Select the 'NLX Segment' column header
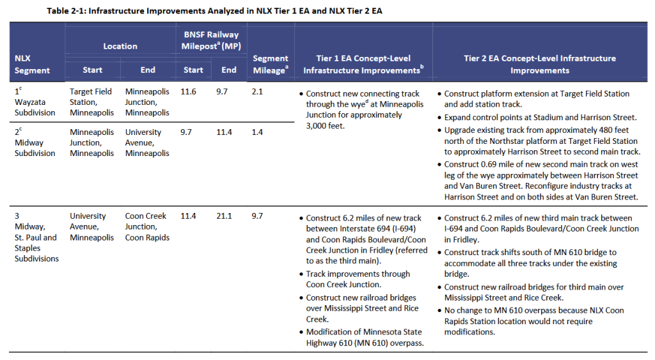(x=32, y=64)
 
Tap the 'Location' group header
(x=120, y=46)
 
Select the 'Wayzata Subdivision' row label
(x=35, y=107)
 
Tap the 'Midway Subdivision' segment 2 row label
(x=35, y=148)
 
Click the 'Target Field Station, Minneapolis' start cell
(x=91, y=102)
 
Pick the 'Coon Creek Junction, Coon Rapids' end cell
(x=147, y=226)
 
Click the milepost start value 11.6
(x=189, y=92)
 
